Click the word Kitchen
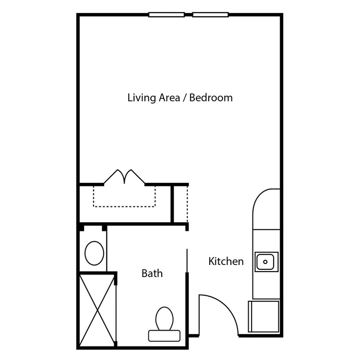[226, 262]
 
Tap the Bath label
[152, 274]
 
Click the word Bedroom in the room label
[211, 97]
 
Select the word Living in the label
[142, 98]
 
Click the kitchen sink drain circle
[265, 262]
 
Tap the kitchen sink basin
[265, 262]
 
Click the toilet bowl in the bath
[164, 319]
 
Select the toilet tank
[164, 336]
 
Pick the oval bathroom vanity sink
[95, 253]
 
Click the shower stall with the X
[97, 311]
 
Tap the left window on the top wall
[167, 15]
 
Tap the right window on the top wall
[211, 15]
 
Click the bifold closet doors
[124, 176]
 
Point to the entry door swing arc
[225, 305]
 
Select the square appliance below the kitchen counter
[264, 316]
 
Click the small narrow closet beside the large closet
[180, 204]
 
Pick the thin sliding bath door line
[187, 261]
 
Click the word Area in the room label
[169, 97]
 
